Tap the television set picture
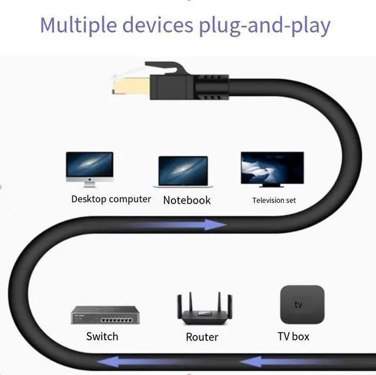click(272, 169)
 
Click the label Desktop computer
click(111, 199)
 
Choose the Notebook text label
click(187, 200)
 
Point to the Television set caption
click(274, 200)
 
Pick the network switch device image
click(105, 315)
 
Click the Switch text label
click(102, 337)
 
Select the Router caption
click(202, 337)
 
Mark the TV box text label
click(293, 337)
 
